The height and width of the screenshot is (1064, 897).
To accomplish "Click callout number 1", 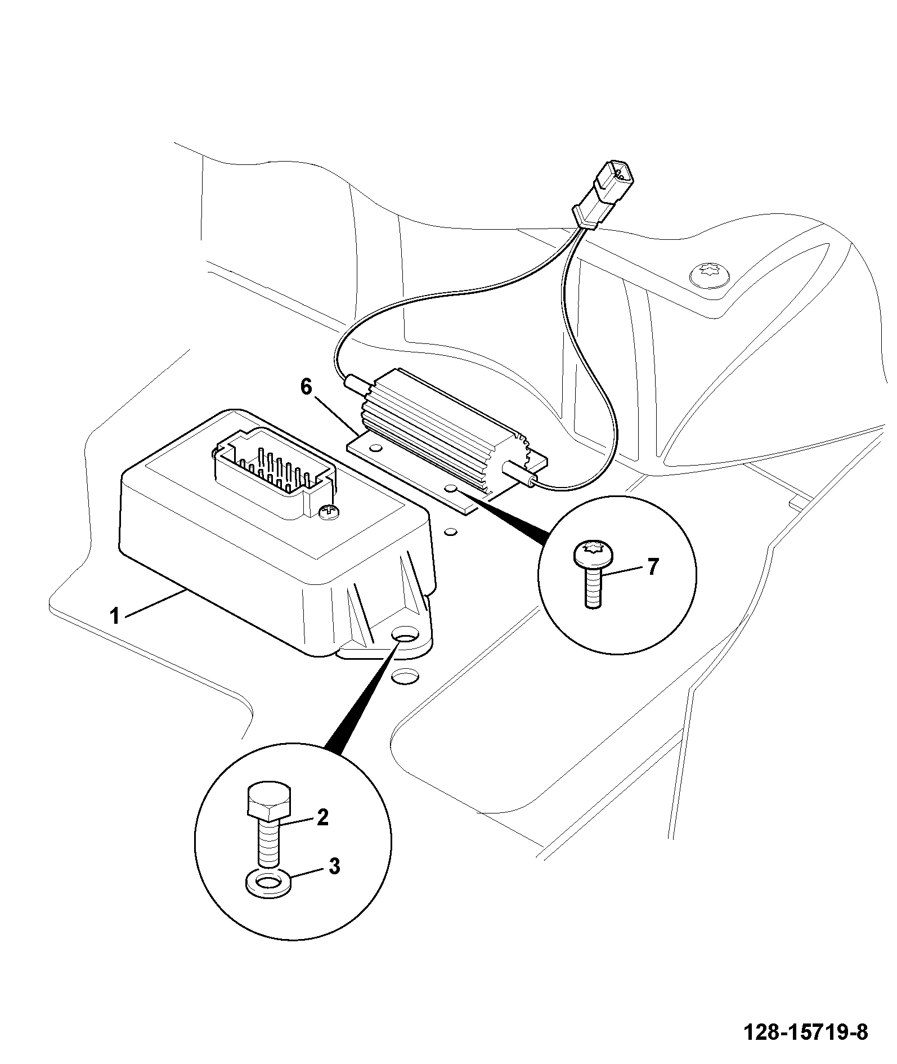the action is pyautogui.click(x=115, y=616).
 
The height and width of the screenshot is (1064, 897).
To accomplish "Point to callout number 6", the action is pyautogui.click(x=306, y=387).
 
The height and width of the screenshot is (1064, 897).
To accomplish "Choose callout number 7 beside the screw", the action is pyautogui.click(x=651, y=567).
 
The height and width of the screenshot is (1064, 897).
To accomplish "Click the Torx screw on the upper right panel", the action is pyautogui.click(x=711, y=274).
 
